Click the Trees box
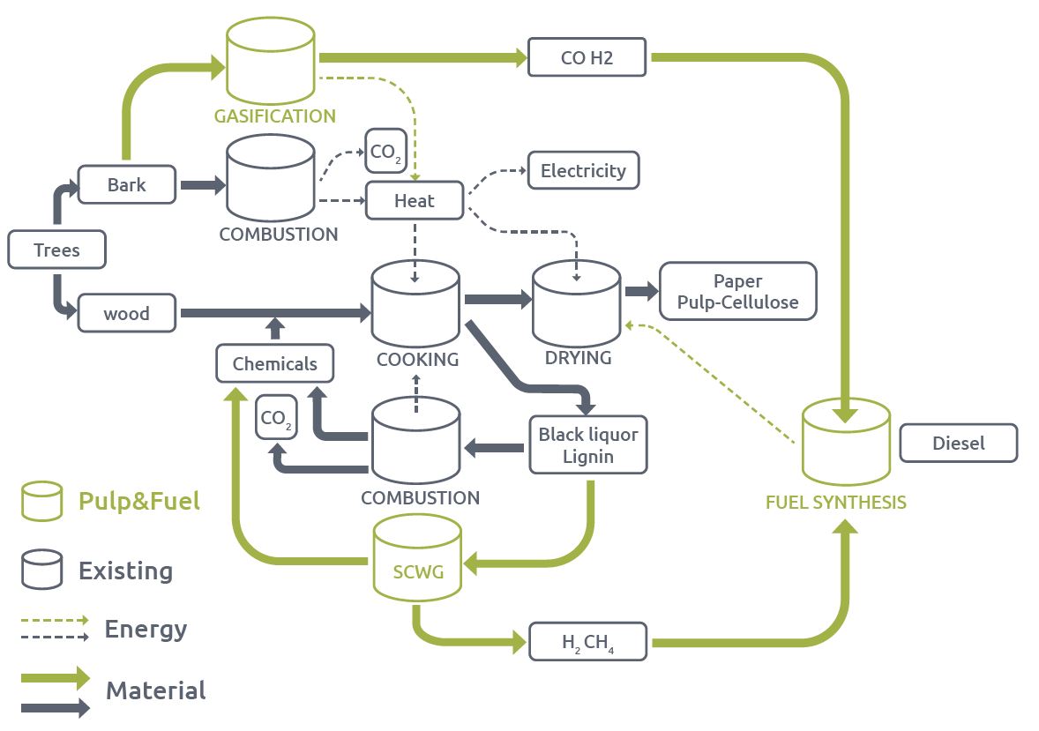click(56, 250)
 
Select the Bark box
click(126, 185)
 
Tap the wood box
click(126, 313)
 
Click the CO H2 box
click(587, 58)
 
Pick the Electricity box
click(583, 170)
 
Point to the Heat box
click(414, 201)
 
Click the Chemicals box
click(274, 363)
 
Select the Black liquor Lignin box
click(588, 445)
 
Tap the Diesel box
click(958, 443)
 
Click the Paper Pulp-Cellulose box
click(738, 292)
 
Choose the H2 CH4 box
click(588, 641)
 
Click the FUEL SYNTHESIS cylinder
click(846, 444)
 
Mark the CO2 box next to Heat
click(385, 151)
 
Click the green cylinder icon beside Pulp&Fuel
click(42, 501)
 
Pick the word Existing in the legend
click(125, 571)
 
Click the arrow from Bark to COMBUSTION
click(202, 185)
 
